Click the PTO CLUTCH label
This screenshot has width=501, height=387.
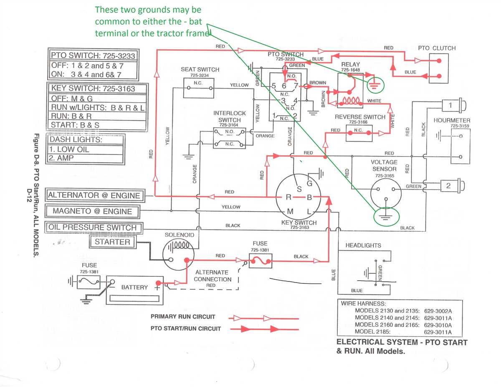click(437, 48)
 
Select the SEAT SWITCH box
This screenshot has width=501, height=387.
click(200, 88)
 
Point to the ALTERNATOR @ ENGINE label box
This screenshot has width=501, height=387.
click(94, 195)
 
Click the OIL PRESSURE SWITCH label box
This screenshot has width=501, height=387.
click(93, 228)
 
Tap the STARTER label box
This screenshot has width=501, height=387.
click(112, 242)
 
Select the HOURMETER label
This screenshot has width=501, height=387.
click(452, 120)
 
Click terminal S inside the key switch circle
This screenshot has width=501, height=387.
click(299, 189)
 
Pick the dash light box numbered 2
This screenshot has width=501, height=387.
click(448, 186)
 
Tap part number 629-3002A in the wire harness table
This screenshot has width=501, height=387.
click(438, 311)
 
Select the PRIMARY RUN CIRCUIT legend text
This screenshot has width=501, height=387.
click(183, 317)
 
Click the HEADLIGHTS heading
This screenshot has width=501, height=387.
click(363, 245)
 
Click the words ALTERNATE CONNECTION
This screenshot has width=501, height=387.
click(212, 276)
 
